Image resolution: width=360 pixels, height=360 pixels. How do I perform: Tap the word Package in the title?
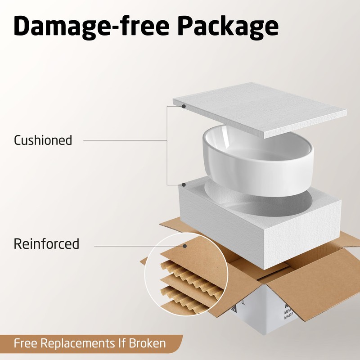(x=227, y=27)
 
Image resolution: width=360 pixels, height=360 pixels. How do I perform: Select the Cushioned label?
(x=43, y=140)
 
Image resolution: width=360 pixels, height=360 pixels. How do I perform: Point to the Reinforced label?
(x=46, y=244)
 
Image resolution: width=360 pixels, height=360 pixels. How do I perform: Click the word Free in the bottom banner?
(x=26, y=344)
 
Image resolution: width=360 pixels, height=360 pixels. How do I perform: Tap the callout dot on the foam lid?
(x=184, y=106)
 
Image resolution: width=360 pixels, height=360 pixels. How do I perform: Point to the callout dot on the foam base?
(x=184, y=185)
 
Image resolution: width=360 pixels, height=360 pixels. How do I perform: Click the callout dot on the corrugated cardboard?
(x=184, y=246)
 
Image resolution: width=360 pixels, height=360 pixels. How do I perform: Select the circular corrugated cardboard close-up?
(x=184, y=274)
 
